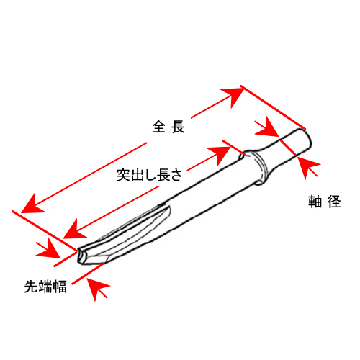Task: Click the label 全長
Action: (168, 127)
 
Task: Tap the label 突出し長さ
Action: (150, 175)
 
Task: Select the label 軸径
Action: (325, 202)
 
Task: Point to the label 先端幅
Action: (45, 286)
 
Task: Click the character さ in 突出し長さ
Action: (176, 175)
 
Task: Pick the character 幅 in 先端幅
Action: (60, 286)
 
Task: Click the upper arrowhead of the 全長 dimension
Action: (233, 96)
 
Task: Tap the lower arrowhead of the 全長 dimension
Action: (32, 204)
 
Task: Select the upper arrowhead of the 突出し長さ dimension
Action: (219, 155)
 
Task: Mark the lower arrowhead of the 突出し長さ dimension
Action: (75, 229)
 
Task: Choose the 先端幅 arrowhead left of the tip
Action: (49, 248)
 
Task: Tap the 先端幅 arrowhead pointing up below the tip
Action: (96, 288)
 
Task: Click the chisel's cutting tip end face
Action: (82, 257)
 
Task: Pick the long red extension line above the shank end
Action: (273, 107)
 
